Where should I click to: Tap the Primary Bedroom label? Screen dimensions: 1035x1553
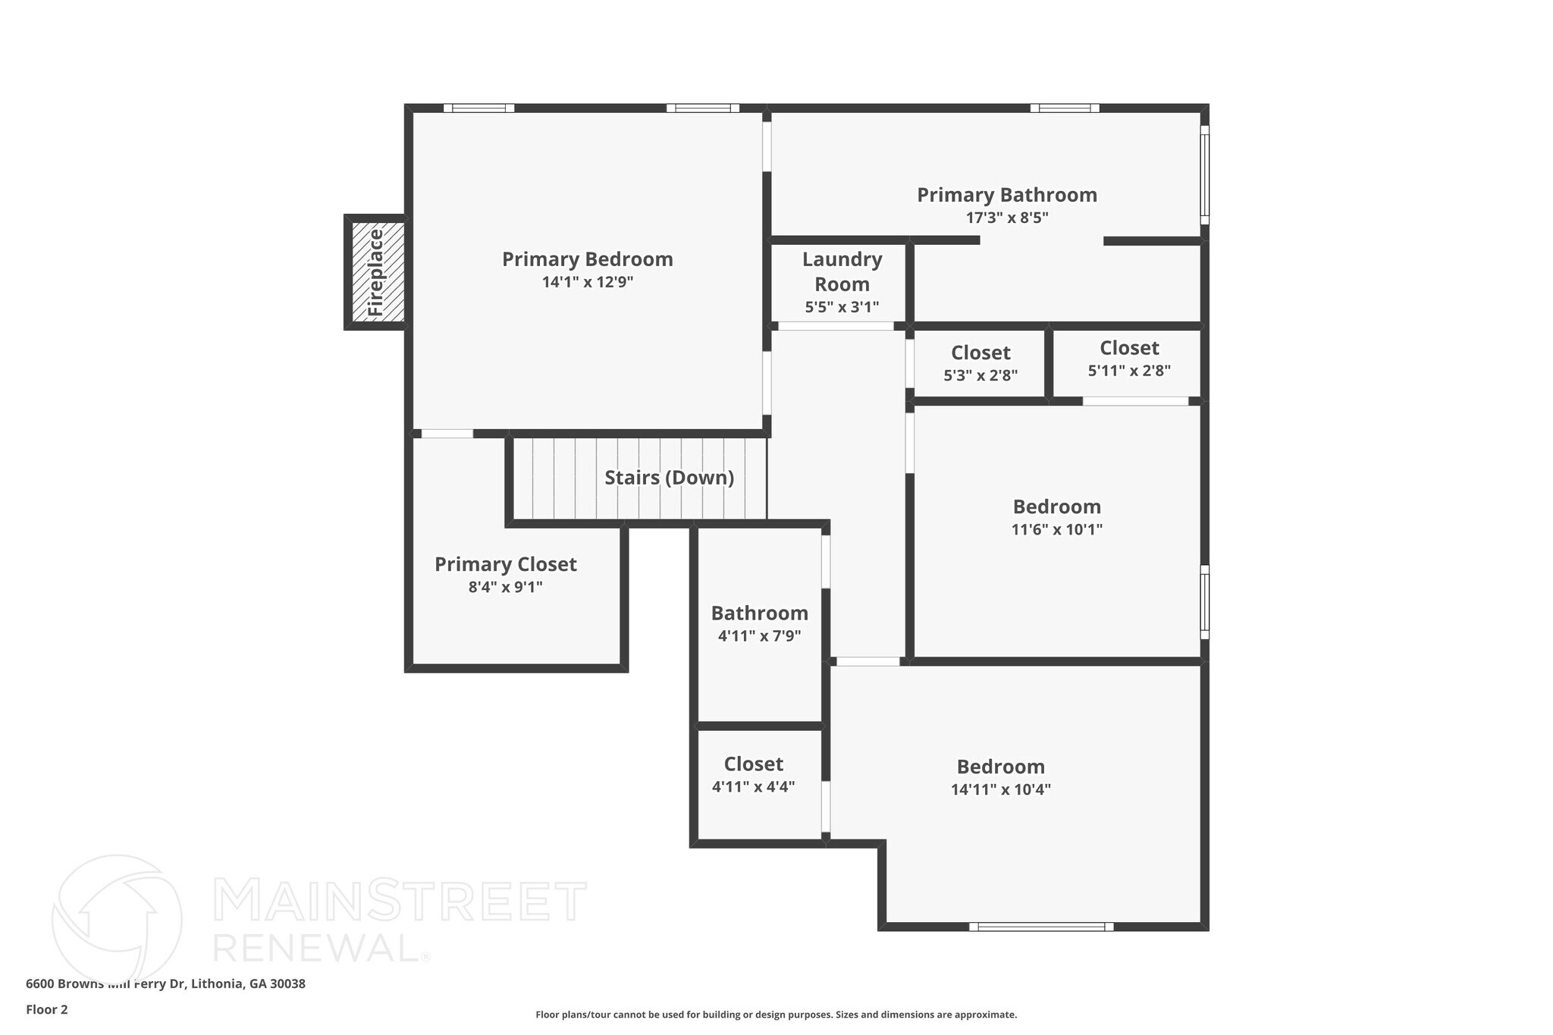click(587, 259)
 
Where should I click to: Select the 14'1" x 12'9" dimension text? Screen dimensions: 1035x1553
click(587, 282)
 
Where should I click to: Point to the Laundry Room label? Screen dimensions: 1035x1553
click(842, 271)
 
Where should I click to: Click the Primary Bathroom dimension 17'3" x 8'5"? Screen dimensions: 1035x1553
click(1006, 218)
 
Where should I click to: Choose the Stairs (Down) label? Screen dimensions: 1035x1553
click(669, 478)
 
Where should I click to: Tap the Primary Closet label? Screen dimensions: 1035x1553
click(505, 564)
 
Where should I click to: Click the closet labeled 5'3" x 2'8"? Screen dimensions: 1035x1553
click(980, 362)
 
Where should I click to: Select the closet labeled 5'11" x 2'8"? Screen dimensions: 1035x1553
click(1128, 358)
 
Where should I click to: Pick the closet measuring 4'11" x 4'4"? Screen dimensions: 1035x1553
click(753, 774)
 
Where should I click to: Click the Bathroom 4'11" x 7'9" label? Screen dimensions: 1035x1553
click(759, 623)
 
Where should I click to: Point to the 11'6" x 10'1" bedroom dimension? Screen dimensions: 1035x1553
click(1056, 529)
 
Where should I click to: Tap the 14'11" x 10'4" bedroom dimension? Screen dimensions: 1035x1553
click(1000, 789)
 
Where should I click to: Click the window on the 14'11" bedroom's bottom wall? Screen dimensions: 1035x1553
click(1040, 927)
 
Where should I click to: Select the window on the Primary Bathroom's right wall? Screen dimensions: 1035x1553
click(1204, 175)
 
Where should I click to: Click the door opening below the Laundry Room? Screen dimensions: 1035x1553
click(836, 326)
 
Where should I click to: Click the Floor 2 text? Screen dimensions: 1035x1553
click(47, 1009)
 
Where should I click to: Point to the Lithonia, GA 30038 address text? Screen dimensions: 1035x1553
click(248, 983)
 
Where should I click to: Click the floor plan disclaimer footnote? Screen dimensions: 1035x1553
click(776, 1015)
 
